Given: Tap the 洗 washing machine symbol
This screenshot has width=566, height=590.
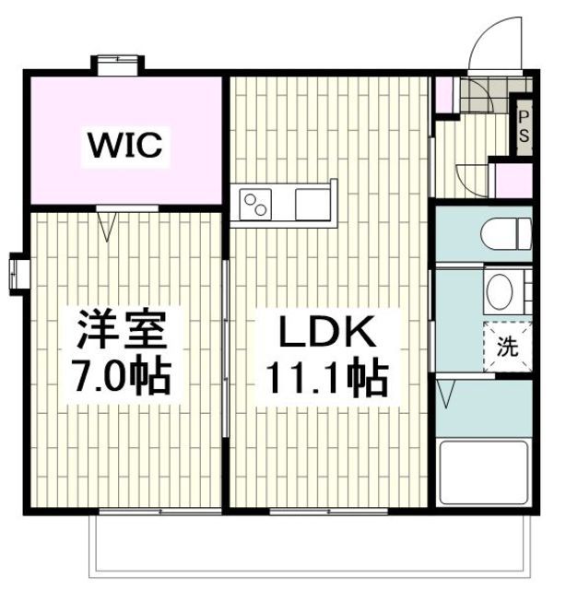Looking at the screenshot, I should click(x=508, y=348).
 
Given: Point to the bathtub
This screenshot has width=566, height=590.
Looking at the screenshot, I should click(x=483, y=472).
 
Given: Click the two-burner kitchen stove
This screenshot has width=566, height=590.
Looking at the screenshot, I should click(x=254, y=204).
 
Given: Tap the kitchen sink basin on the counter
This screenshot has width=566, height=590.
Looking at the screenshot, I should click(x=312, y=204).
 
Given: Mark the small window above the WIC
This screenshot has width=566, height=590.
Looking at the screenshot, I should click(x=117, y=64).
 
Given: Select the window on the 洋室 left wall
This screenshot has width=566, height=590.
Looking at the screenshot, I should click(x=18, y=274).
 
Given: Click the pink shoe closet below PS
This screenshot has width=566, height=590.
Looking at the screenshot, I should click(x=513, y=180).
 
